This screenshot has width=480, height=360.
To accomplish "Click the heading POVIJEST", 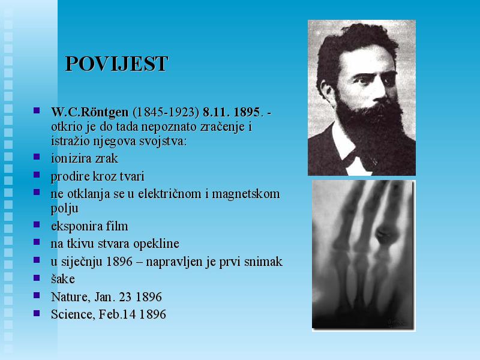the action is click(116, 64).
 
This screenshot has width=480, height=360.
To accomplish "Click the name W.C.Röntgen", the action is click(89, 112).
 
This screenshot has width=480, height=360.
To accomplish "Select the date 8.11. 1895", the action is click(232, 112).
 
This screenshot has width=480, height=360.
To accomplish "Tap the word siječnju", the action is click(82, 262).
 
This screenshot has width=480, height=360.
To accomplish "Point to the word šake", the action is click(63, 279).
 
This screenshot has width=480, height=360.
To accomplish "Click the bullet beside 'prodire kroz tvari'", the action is click(37, 175).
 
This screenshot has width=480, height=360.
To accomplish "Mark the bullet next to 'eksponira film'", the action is click(37, 224).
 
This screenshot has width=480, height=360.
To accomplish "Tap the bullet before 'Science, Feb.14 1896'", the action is click(37, 313).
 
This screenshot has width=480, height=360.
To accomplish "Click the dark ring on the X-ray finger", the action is click(386, 236).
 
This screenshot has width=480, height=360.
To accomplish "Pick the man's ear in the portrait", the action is click(325, 89).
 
